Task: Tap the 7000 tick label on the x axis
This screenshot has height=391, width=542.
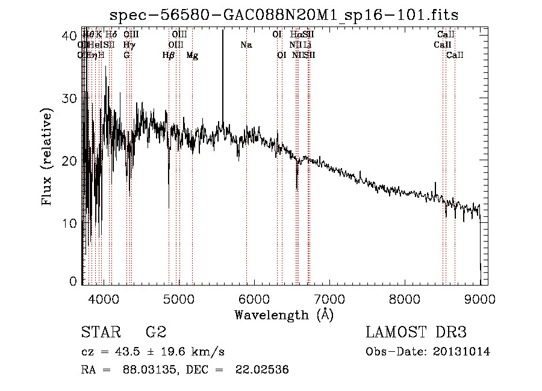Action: (x=329, y=298)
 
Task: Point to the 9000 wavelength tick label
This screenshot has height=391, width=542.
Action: (x=480, y=298)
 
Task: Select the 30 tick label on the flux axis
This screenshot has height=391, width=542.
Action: (x=70, y=98)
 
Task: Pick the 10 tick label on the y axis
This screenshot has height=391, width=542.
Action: (x=70, y=224)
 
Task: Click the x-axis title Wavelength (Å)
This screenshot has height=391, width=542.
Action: (x=284, y=315)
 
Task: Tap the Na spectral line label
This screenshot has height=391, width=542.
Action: (x=246, y=45)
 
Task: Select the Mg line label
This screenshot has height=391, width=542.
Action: (x=192, y=55)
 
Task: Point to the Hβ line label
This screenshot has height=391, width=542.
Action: (x=169, y=55)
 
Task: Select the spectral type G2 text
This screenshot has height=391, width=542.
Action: (x=155, y=333)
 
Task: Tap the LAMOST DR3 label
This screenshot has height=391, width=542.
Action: (x=416, y=333)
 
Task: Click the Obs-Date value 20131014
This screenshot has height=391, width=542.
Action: (x=464, y=352)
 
